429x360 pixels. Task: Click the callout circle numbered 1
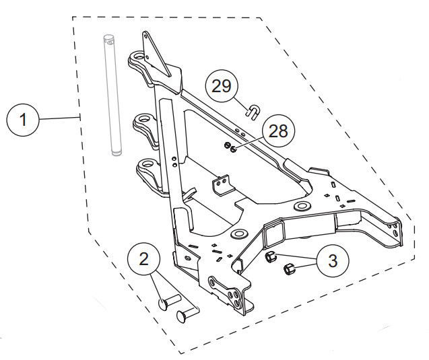click(x=24, y=121)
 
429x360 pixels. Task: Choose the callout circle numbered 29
click(x=222, y=86)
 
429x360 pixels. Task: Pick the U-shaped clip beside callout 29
click(x=253, y=110)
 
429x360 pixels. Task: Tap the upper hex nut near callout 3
click(x=270, y=256)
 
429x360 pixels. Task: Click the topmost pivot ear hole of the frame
click(x=142, y=59)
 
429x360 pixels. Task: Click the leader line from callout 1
click(x=60, y=119)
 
